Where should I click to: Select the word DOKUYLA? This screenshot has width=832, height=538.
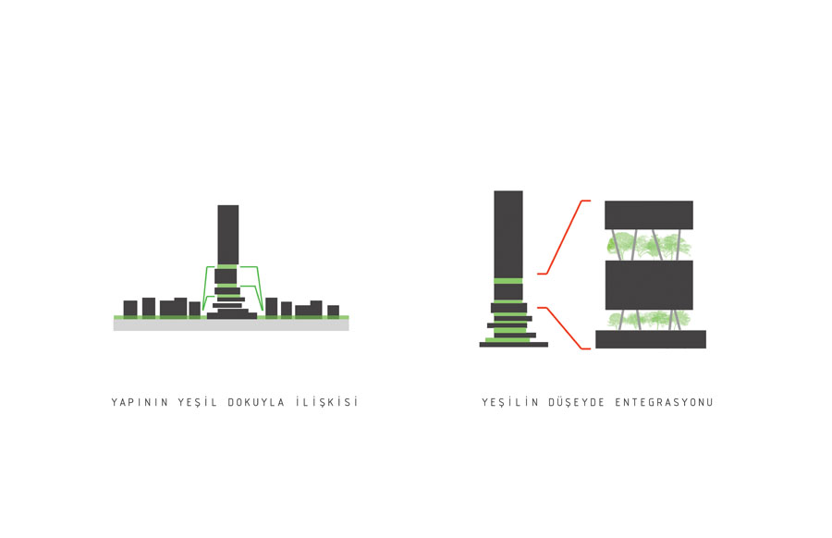[x=256, y=402]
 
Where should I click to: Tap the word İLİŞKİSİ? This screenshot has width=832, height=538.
[x=327, y=401]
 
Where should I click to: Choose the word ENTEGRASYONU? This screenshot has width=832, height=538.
[x=665, y=402]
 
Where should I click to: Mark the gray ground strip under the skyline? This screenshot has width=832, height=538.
[x=231, y=324]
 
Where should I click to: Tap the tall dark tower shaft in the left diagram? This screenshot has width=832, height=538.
[x=228, y=235]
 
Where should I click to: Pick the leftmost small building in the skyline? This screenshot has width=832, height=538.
[x=130, y=308]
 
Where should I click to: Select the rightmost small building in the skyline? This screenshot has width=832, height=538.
[x=333, y=311]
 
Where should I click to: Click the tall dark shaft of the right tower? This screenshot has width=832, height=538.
[x=508, y=235]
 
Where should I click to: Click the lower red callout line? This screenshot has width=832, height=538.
[x=564, y=327]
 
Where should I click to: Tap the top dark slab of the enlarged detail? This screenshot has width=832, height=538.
[x=649, y=214]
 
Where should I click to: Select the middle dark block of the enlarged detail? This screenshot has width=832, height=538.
[x=649, y=285]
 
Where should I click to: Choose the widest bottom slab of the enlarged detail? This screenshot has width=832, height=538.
[x=651, y=339]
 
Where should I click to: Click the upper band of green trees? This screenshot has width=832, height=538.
[x=649, y=245]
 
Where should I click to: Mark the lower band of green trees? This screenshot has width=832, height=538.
[x=649, y=320]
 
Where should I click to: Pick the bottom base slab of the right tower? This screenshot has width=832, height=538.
[x=514, y=345]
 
